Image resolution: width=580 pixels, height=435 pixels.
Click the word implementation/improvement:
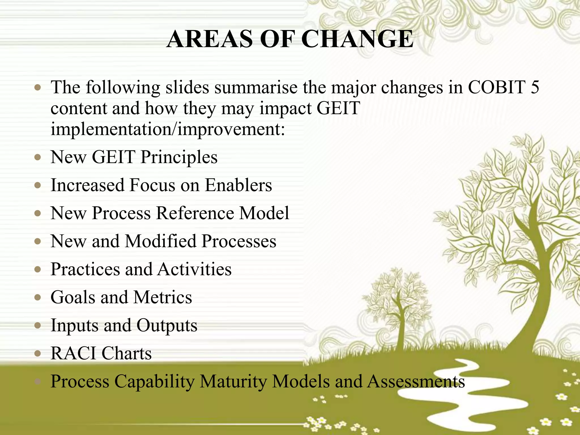[x=168, y=129]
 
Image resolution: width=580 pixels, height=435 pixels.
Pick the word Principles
[x=179, y=157]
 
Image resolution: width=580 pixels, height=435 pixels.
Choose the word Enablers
[x=238, y=185]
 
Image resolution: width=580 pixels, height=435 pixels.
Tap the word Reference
[x=195, y=213]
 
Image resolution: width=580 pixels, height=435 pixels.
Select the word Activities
[x=195, y=269]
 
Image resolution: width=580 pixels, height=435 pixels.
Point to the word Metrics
[x=163, y=297]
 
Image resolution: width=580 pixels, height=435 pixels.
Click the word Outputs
[x=167, y=325]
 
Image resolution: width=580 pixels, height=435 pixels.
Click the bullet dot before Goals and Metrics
[x=38, y=297]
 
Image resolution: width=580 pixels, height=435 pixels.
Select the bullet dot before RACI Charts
[x=38, y=353]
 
